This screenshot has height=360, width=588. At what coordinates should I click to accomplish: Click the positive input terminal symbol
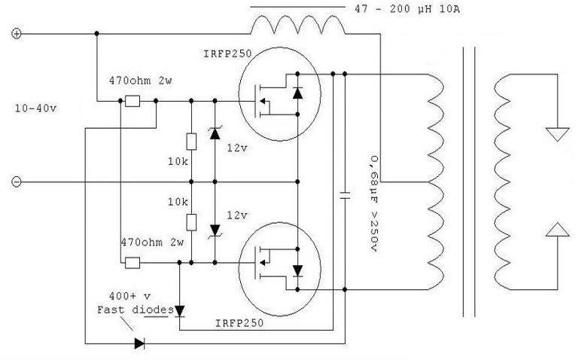(x=17, y=34)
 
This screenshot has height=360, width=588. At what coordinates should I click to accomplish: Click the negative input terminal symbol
(x=17, y=182)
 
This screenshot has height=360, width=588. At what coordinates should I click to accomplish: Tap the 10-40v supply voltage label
(x=36, y=108)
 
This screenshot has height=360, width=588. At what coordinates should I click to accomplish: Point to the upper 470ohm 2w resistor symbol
(x=133, y=101)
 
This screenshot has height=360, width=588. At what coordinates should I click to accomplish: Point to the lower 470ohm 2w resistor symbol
(x=133, y=263)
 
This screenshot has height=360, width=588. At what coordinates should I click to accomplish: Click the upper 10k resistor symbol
(x=191, y=140)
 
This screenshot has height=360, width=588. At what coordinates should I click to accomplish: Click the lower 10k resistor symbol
(x=191, y=222)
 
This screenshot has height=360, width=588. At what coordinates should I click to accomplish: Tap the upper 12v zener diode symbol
(x=215, y=134)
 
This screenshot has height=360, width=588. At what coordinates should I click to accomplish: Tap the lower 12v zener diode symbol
(x=215, y=229)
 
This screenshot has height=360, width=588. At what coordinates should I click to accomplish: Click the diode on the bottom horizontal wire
(x=139, y=343)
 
